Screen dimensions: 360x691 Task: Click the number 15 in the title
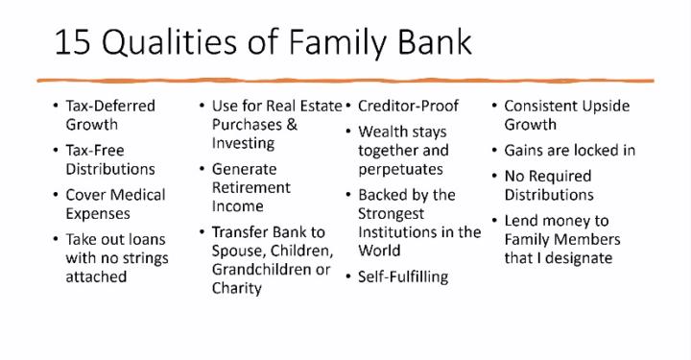tap(74, 43)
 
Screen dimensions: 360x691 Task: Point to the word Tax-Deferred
tap(109, 106)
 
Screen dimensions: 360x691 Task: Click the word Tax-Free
tap(95, 151)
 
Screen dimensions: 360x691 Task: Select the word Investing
tap(243, 143)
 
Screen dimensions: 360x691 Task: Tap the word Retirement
tap(250, 187)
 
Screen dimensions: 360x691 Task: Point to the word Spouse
tap(240, 251)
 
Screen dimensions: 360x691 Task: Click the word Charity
tap(236, 288)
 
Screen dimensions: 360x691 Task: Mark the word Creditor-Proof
tap(408, 106)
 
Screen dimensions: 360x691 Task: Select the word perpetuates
tap(400, 169)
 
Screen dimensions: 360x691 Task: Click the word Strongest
tap(396, 213)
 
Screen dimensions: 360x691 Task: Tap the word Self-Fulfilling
tap(403, 276)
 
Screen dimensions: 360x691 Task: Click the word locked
tap(585, 151)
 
